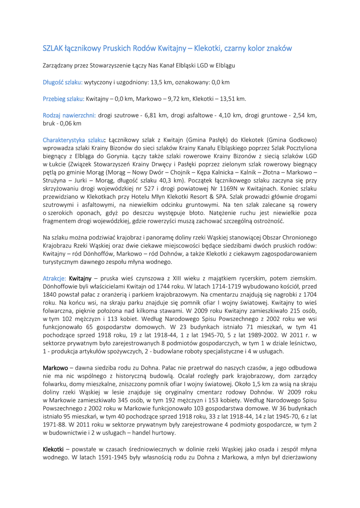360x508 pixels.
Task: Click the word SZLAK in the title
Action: [x=53, y=49]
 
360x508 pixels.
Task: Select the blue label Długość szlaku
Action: [x=63, y=82]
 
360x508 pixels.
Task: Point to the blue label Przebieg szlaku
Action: [x=64, y=99]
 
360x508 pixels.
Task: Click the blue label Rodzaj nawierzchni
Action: [x=70, y=115]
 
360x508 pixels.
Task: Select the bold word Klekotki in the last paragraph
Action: [x=53, y=449]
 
